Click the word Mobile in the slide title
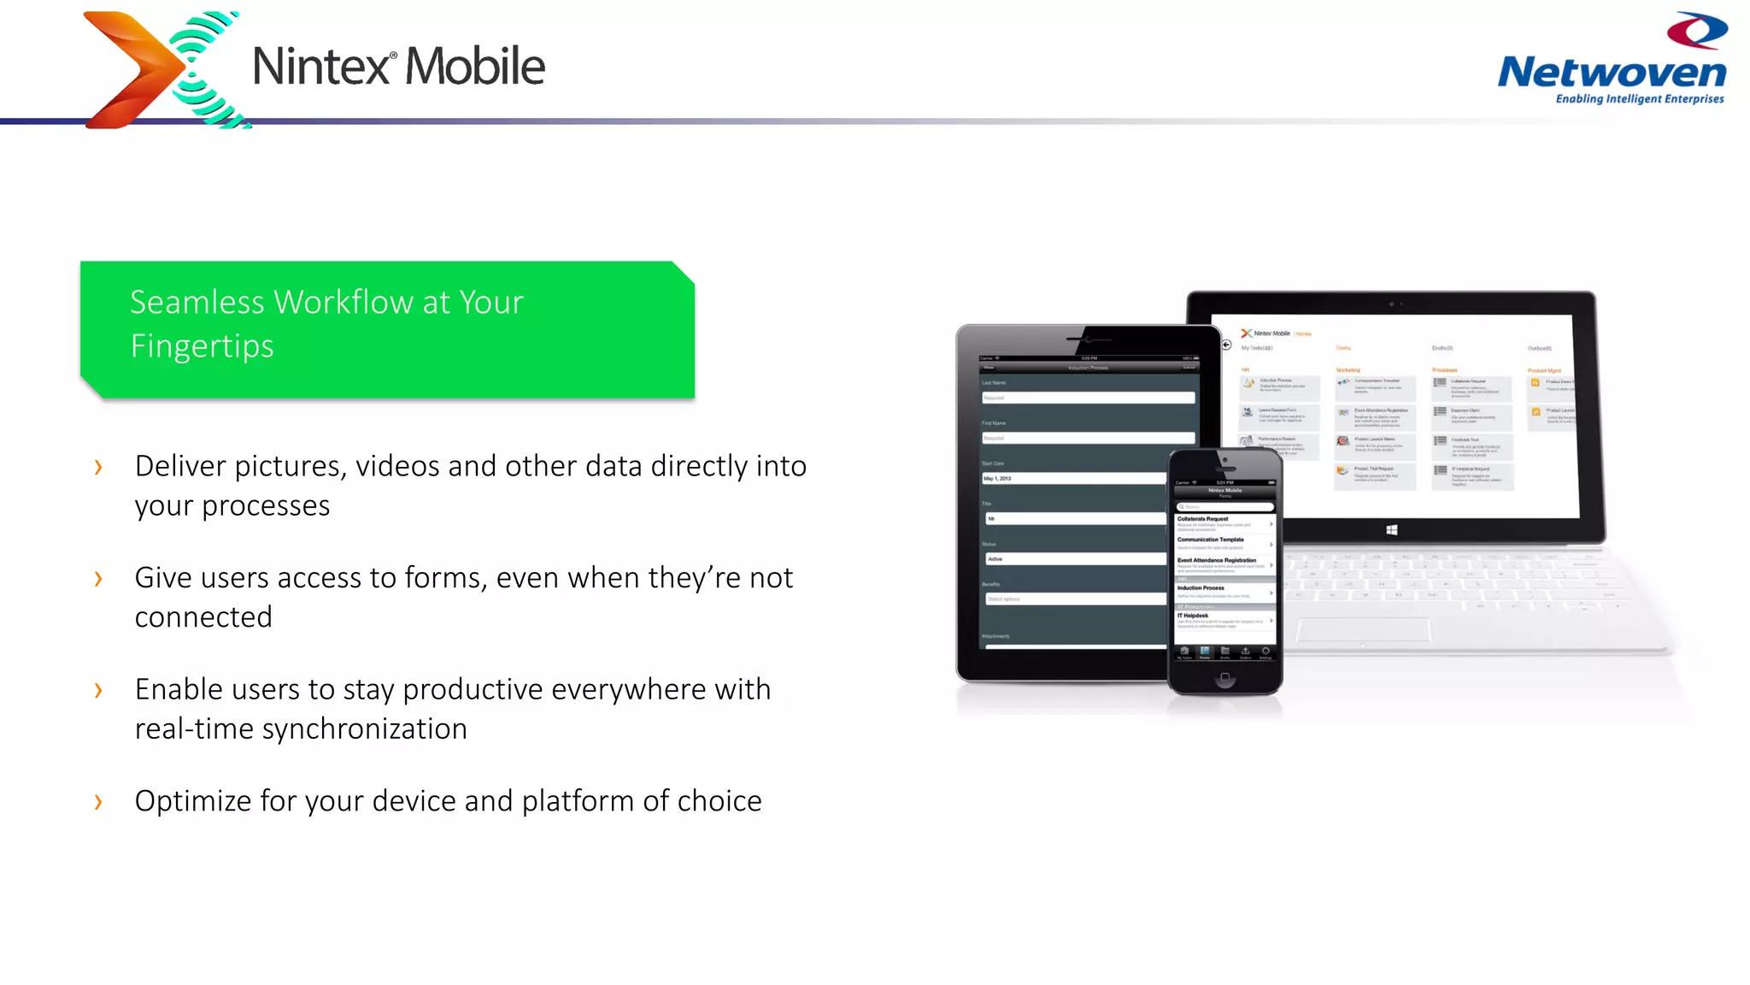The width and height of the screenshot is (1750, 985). coord(474,67)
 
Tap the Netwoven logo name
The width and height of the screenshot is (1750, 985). coord(1612,73)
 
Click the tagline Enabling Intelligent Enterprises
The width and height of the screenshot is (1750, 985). coord(1639,99)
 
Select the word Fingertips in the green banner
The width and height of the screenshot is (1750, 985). coord(203,346)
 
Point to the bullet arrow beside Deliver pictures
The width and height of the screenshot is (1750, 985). coord(98,467)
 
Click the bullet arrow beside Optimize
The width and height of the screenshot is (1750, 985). coord(98,801)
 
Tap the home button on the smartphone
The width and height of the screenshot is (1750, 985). coord(1224,678)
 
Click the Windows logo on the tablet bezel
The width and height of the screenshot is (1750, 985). coord(1391,530)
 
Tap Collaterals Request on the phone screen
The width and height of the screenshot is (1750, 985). coord(1203,519)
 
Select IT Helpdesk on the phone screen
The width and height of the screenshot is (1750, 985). coord(1193,616)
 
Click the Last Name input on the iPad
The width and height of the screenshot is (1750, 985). coord(1088,398)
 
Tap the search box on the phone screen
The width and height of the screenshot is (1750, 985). coord(1224,507)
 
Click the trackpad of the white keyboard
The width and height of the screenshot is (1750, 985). coord(1363,630)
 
